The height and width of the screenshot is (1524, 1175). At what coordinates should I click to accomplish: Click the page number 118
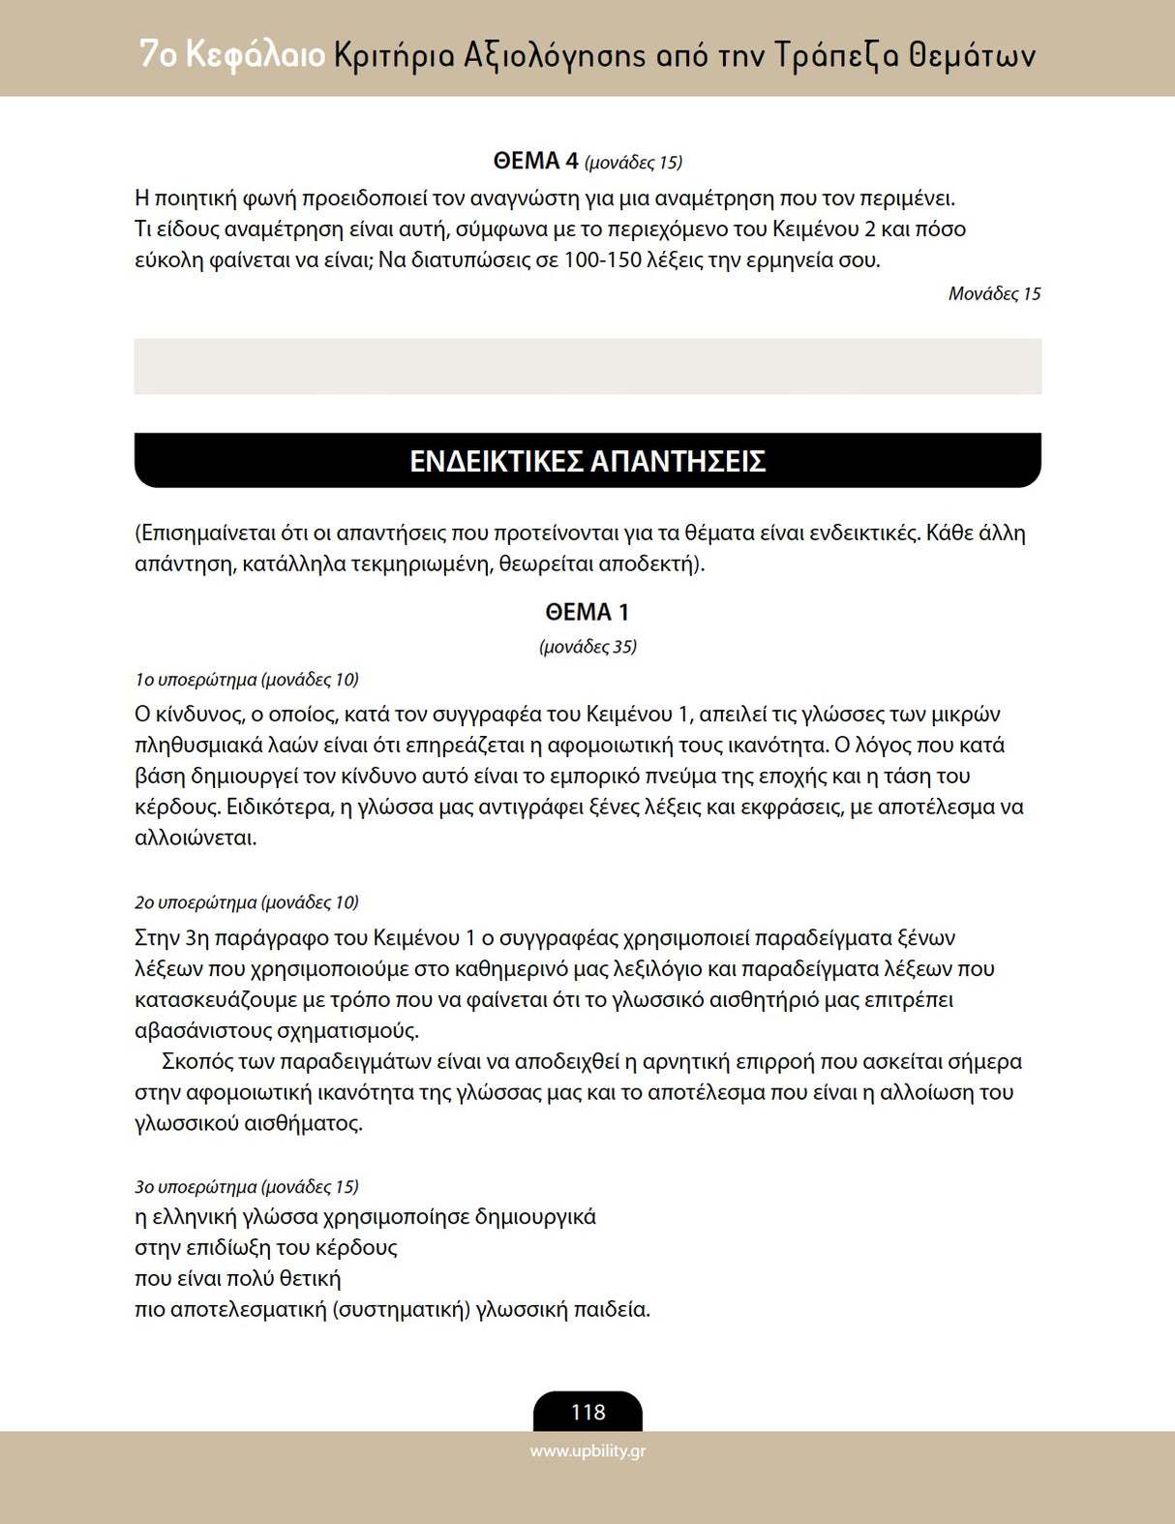[587, 1412]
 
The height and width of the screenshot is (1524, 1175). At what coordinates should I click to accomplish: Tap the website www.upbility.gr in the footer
[587, 1450]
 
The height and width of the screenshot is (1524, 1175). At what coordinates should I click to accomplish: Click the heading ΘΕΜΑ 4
[535, 161]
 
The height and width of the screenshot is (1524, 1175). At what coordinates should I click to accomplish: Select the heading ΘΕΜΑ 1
[587, 612]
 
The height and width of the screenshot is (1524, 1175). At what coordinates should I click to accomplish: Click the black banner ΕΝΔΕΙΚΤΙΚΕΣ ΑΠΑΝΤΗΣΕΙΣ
[587, 461]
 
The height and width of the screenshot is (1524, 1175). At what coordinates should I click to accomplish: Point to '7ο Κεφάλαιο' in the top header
[231, 54]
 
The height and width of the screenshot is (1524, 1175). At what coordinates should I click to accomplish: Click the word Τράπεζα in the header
[836, 55]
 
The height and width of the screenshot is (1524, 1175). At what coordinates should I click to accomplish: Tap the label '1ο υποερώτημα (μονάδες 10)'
[247, 680]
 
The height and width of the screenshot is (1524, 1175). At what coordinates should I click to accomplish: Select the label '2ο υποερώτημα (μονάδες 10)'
[247, 902]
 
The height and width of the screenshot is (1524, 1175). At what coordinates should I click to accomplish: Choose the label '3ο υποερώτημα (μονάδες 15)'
[247, 1187]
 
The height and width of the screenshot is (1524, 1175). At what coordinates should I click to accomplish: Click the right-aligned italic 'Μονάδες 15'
[994, 294]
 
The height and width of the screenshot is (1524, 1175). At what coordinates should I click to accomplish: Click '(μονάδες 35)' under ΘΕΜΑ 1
[587, 647]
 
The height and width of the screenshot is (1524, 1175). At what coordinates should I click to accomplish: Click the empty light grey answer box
[587, 366]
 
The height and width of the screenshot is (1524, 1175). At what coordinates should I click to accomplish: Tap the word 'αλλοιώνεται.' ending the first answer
[196, 838]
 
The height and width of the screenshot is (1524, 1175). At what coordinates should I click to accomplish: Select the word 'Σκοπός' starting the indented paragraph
[197, 1062]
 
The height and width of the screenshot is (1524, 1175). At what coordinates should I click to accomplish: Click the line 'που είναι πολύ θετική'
[238, 1279]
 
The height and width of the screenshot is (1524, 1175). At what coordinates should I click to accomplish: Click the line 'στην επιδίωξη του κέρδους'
[266, 1248]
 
